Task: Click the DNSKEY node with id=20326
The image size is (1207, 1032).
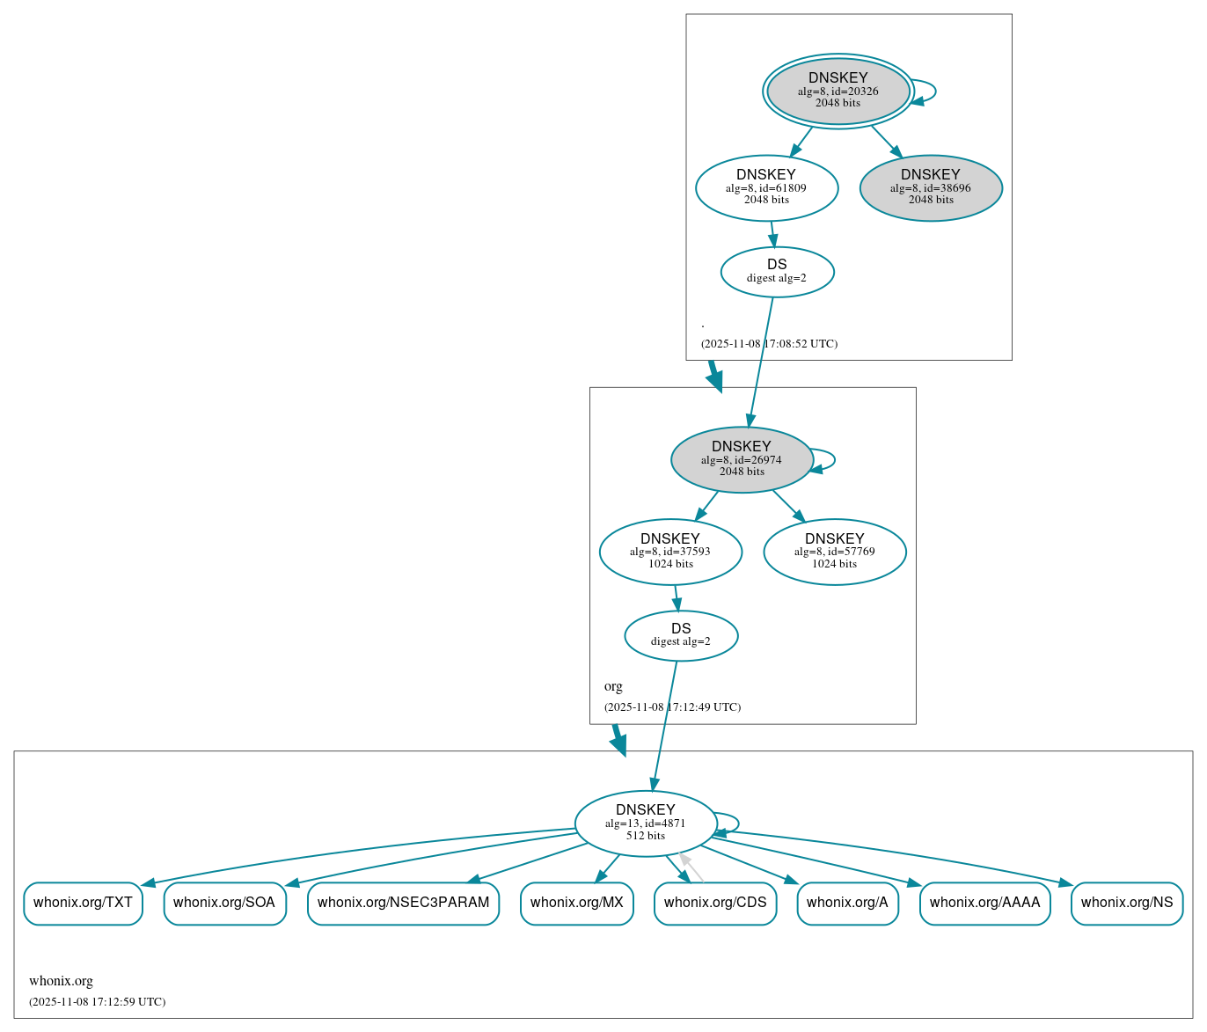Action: [x=838, y=91]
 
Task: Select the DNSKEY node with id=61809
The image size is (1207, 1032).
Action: [x=766, y=187]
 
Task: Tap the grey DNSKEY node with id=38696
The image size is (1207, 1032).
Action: [x=931, y=187]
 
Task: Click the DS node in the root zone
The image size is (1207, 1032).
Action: [x=777, y=272]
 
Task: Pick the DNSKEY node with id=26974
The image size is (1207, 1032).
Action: [x=742, y=459]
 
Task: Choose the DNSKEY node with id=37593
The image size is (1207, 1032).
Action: [x=670, y=552]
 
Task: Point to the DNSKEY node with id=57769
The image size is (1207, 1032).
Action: [x=834, y=552]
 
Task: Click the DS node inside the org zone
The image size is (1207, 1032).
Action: [x=681, y=635]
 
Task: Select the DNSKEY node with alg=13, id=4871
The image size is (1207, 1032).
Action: [x=645, y=823]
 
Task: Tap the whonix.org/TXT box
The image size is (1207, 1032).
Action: [x=83, y=903]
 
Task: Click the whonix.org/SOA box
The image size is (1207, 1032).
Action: [x=224, y=903]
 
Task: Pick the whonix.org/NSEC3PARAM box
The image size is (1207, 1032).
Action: [x=403, y=903]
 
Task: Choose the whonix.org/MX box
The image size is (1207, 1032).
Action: [x=576, y=903]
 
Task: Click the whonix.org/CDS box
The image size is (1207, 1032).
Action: [x=715, y=903]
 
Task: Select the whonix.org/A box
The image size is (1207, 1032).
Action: [x=847, y=903]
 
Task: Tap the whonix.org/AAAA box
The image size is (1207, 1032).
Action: [x=984, y=903]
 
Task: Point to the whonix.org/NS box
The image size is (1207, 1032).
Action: [x=1126, y=903]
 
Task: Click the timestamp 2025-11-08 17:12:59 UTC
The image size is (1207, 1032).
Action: [x=97, y=1001]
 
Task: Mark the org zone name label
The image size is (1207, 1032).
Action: [x=613, y=686]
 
